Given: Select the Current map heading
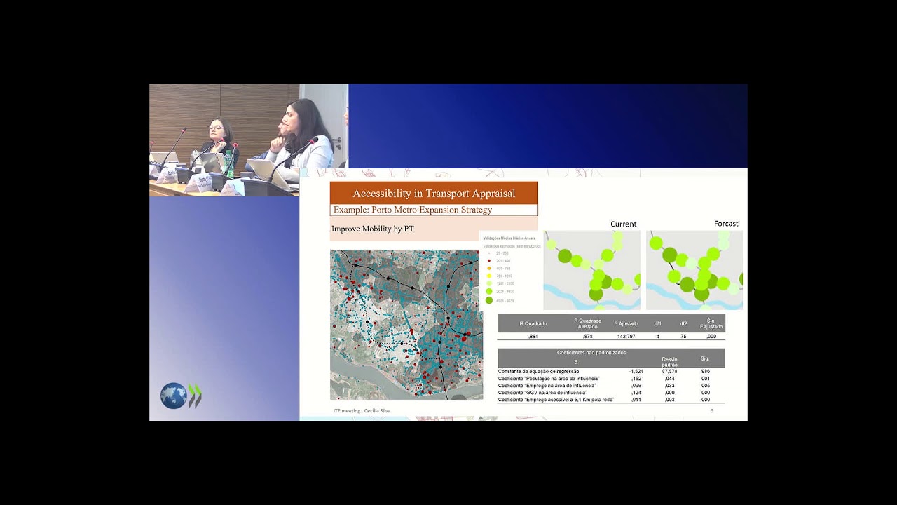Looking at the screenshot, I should click(623, 224).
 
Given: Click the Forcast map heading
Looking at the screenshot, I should click(726, 224).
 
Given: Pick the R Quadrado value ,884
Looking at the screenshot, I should click(533, 337).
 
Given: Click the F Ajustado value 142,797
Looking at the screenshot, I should click(626, 337).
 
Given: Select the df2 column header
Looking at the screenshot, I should click(683, 323).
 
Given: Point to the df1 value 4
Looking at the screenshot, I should click(657, 337).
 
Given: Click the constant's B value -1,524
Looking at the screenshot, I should click(636, 371).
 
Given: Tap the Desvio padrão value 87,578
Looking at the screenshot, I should click(669, 371).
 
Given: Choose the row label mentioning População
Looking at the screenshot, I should click(549, 379).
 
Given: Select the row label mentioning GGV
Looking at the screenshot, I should click(542, 393).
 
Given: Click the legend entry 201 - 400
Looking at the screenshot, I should click(502, 261).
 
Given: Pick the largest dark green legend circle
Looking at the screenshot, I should click(489, 300).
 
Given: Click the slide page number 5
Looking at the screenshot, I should click(712, 410).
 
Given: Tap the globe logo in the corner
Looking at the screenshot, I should click(173, 396).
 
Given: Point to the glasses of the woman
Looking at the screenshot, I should click(216, 128).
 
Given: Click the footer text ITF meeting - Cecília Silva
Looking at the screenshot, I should click(362, 410).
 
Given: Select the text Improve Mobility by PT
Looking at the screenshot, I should click(372, 229).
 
